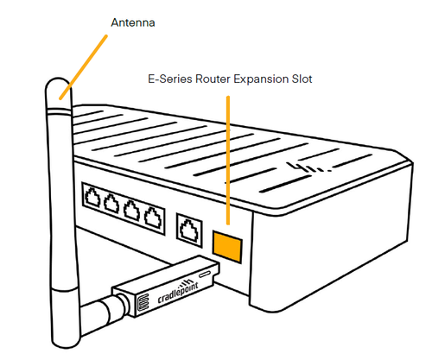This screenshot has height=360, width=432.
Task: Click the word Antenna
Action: pos(133,22)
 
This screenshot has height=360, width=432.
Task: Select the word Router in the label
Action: pos(213,79)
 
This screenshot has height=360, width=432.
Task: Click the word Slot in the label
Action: pos(302,79)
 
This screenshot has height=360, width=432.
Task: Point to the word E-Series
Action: pos(170,79)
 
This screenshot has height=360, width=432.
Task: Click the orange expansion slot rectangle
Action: pos(227,246)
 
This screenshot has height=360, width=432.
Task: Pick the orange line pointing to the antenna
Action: pos(83,67)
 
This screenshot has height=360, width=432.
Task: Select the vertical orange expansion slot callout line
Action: pos(228,161)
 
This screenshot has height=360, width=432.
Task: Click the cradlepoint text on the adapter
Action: pos(178,292)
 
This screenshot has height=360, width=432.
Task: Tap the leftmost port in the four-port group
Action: pos(92,198)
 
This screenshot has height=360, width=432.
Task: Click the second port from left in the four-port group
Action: pos(111,203)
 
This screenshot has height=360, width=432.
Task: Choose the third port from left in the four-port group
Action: pos(132,210)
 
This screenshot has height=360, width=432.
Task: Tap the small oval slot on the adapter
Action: pos(205,274)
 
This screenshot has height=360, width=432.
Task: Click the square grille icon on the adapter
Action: pos(143,302)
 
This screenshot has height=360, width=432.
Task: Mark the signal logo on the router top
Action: pos(309,167)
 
